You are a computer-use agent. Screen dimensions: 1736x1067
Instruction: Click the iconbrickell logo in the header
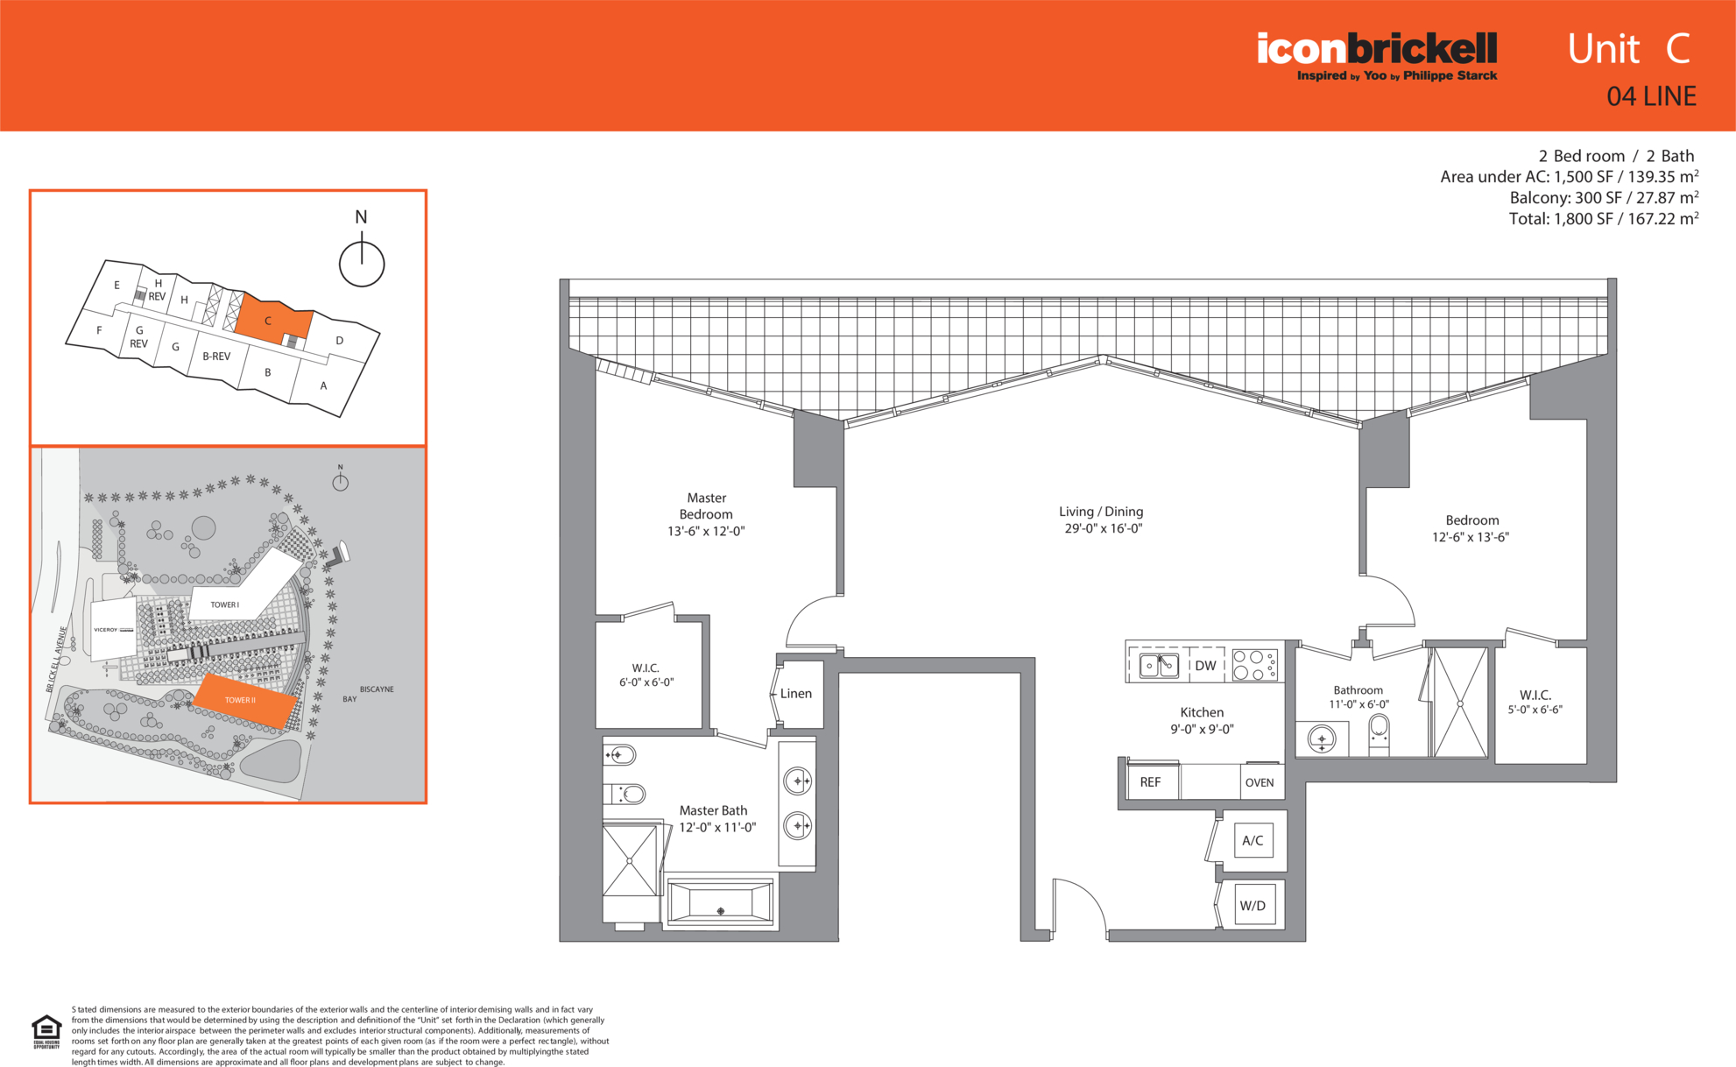click(1377, 56)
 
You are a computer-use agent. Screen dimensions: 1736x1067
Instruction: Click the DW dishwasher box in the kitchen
click(1205, 665)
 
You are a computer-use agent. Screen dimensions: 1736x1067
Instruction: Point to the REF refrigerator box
click(1150, 782)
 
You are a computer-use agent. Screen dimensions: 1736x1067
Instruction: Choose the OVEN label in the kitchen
click(1260, 782)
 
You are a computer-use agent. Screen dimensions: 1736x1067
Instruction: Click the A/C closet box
click(1253, 840)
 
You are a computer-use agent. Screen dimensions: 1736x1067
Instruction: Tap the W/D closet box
click(1253, 905)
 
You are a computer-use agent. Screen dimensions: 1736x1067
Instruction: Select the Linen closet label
click(796, 693)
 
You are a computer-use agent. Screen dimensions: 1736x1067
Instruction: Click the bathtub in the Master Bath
click(720, 902)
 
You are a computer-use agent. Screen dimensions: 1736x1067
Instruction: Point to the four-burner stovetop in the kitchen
click(1255, 665)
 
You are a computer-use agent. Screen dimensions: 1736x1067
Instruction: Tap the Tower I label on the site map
click(224, 604)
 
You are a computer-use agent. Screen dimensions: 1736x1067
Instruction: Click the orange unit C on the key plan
click(271, 319)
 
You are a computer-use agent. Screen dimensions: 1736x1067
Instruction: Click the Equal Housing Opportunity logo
click(46, 1031)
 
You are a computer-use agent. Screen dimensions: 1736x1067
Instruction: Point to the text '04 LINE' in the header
click(1651, 96)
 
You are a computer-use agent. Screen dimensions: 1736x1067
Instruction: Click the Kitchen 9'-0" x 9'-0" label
click(1202, 720)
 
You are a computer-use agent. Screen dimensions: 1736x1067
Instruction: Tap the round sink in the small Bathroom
click(1322, 738)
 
